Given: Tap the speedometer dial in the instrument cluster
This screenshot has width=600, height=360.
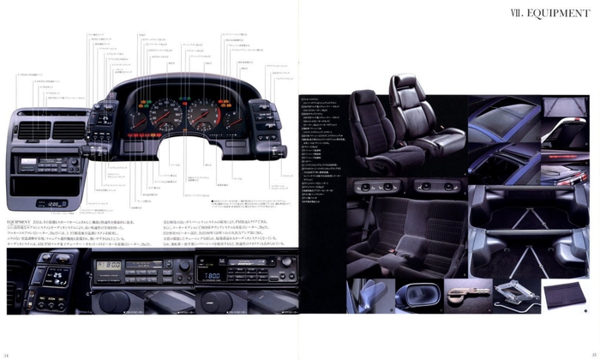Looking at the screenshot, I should coord(207,115).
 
